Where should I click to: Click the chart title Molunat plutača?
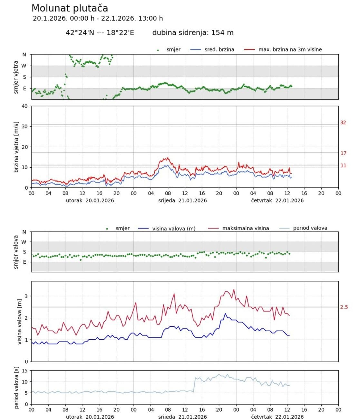[x=70, y=8]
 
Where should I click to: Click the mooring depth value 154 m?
[x=222, y=33]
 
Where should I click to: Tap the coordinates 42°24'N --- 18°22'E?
[x=100, y=33]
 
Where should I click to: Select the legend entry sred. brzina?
[x=219, y=50]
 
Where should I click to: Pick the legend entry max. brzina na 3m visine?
[x=290, y=50]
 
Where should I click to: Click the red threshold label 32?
[x=343, y=122]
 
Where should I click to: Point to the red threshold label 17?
[x=343, y=153]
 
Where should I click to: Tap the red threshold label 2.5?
[x=344, y=307]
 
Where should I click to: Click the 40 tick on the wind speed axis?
[x=24, y=106]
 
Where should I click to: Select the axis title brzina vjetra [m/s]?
[x=16, y=147]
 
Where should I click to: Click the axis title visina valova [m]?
[x=20, y=321]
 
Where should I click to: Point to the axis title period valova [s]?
[x=16, y=387]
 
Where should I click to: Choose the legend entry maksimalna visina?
[x=245, y=228]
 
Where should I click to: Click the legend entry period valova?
[x=310, y=228]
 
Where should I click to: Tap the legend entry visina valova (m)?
[x=174, y=229]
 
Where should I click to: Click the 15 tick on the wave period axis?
[x=25, y=371]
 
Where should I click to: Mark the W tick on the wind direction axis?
[x=24, y=66]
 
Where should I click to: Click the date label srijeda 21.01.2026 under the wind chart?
[x=182, y=200]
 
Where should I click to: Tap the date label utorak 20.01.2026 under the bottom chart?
[x=90, y=416]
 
